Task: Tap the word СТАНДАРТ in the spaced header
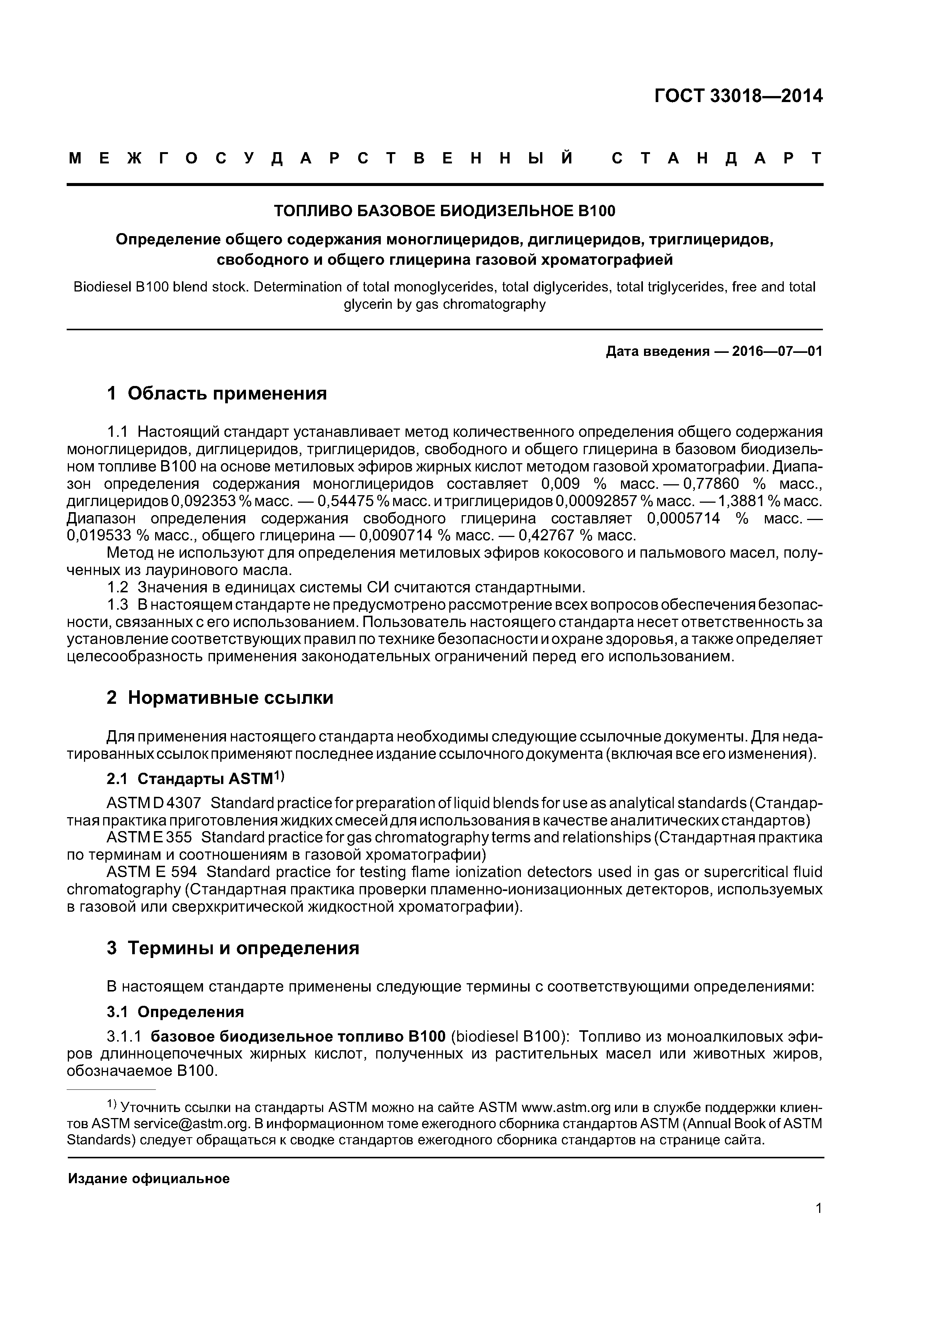[716, 158]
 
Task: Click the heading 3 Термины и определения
[233, 948]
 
